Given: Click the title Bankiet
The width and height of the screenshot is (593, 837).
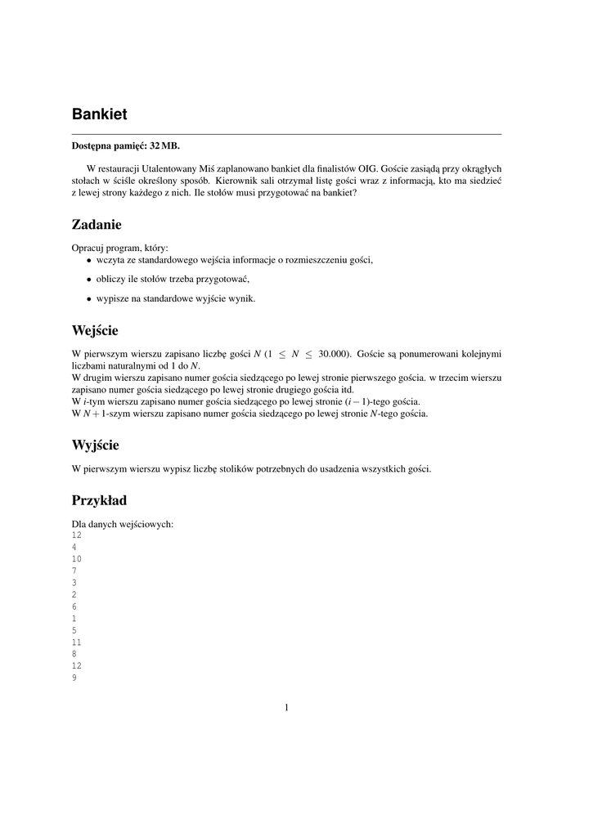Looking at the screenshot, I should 99,113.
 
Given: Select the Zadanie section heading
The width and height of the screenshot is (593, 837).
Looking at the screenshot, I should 97,224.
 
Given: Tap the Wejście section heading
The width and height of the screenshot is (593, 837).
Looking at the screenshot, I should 95,331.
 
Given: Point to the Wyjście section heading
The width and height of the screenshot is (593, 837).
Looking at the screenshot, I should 96,445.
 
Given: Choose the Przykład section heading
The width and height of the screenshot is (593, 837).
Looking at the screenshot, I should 99,500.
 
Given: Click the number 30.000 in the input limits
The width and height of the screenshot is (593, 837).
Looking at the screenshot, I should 330,354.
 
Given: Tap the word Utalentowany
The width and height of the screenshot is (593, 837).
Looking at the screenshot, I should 169,168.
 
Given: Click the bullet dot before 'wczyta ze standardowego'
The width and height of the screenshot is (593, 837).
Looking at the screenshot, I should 89,261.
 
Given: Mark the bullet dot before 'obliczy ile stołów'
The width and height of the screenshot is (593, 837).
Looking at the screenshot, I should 89,280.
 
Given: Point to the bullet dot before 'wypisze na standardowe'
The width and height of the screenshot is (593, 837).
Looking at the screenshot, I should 89,299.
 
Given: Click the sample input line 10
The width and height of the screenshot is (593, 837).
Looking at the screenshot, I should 77,558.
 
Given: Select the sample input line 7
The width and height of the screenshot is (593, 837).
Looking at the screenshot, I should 74,571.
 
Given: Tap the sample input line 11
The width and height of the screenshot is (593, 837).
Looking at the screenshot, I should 77,642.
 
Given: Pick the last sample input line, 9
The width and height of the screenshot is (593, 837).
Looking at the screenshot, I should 74,678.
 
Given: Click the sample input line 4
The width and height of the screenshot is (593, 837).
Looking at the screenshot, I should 74,547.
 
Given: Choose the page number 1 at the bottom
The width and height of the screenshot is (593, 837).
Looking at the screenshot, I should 287,708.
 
